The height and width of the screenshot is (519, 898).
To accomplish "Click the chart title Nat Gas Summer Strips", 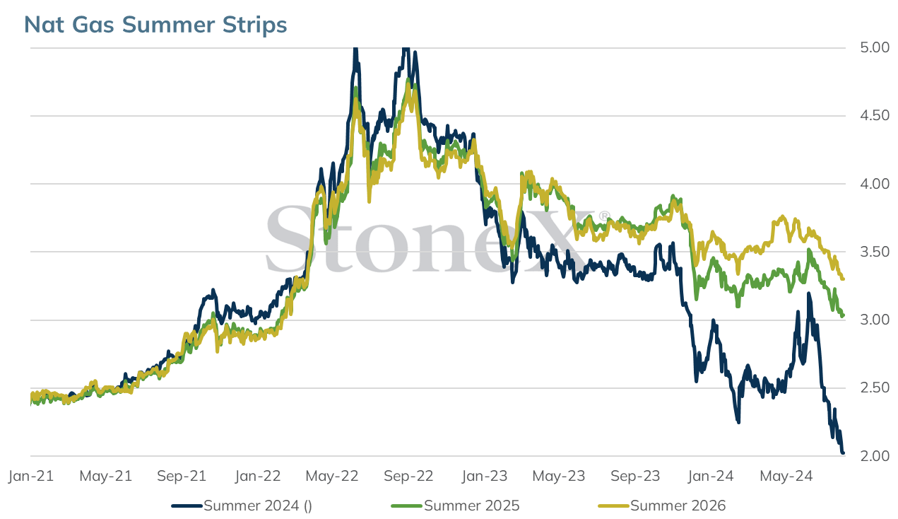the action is pyautogui.click(x=155, y=25).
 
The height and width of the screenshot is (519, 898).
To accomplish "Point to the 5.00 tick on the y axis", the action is pyautogui.click(x=875, y=48).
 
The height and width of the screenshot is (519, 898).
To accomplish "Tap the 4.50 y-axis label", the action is pyautogui.click(x=875, y=115).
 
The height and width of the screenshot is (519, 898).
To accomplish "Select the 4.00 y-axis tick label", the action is pyautogui.click(x=875, y=184).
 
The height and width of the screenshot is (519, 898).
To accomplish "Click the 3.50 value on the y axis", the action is pyautogui.click(x=875, y=252).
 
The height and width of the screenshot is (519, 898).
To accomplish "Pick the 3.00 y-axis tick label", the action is pyautogui.click(x=875, y=320).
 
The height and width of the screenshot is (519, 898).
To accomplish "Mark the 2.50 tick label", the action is pyautogui.click(x=875, y=388).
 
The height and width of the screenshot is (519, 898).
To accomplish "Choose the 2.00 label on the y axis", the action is pyautogui.click(x=875, y=456).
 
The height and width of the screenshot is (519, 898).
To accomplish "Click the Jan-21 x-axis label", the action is pyautogui.click(x=31, y=476).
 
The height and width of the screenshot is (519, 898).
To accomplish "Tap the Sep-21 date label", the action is pyautogui.click(x=182, y=476).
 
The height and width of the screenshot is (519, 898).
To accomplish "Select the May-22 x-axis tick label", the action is pyautogui.click(x=332, y=476).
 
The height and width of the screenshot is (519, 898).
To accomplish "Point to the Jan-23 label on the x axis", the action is pyautogui.click(x=485, y=476).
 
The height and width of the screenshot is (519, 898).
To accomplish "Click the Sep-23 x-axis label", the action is pyautogui.click(x=635, y=476).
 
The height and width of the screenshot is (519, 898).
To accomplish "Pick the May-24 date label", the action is pyautogui.click(x=786, y=476).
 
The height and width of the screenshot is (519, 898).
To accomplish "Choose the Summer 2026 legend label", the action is pyautogui.click(x=678, y=506).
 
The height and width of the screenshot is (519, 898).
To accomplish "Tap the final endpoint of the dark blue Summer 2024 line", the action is pyautogui.click(x=843, y=453).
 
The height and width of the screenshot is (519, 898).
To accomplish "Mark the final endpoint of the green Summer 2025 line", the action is pyautogui.click(x=843, y=315).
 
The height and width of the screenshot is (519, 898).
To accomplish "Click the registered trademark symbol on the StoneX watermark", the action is pyautogui.click(x=604, y=216).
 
